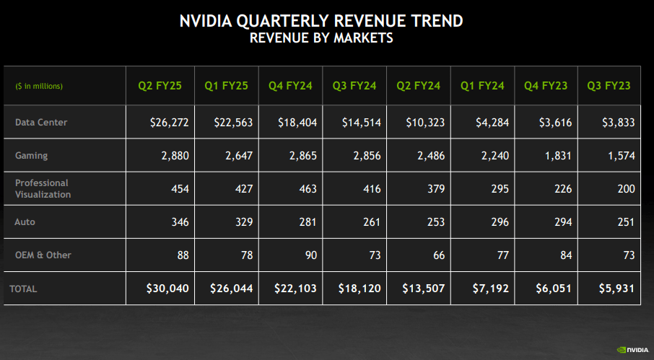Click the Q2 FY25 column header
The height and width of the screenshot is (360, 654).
[160, 86]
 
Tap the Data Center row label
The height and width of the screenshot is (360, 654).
[41, 123]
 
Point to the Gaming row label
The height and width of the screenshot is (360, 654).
[31, 156]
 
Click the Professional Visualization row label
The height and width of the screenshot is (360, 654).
[43, 188]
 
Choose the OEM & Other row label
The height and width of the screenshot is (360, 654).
[43, 255]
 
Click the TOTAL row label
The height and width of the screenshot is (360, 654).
[23, 289]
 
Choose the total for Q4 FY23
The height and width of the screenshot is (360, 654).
[555, 289]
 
